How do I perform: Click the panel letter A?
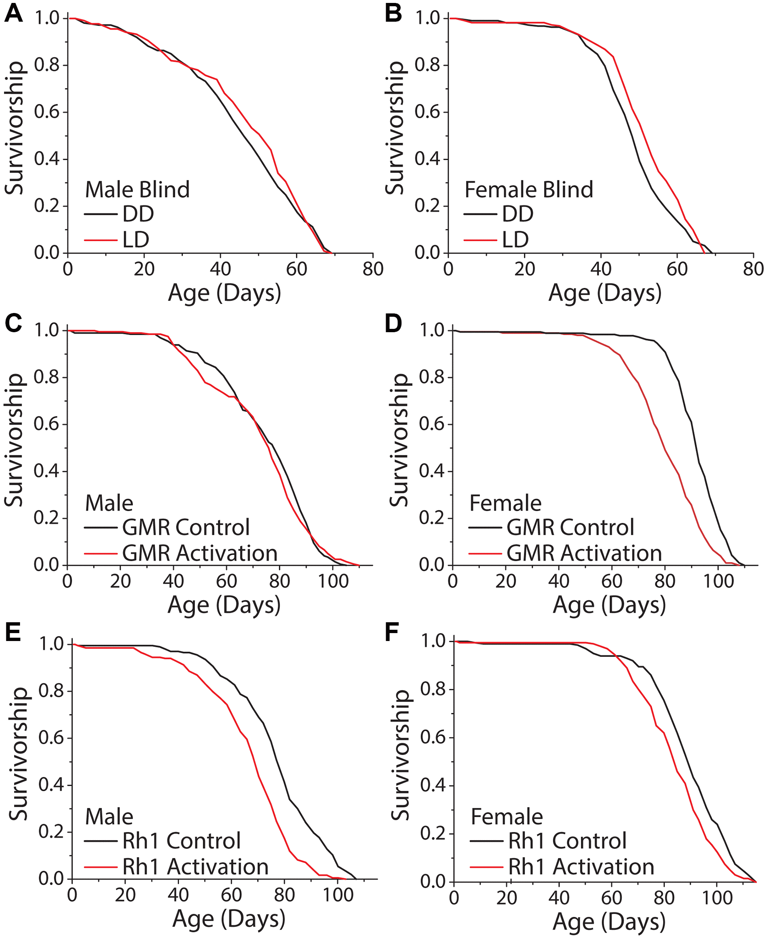point(13,14)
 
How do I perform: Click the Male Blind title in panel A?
point(137,189)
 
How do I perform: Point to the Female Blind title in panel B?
point(528,189)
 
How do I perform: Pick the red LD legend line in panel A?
point(101,240)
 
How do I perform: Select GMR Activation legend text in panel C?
point(200,553)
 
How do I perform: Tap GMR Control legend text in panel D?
point(570,527)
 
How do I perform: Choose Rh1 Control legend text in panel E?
point(181,841)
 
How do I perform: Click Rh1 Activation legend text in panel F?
point(581,866)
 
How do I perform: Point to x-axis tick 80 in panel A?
point(373,269)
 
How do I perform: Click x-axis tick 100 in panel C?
point(333,581)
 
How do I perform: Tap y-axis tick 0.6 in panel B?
point(428,112)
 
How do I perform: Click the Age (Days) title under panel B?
point(604,293)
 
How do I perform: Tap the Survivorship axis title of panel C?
point(14,440)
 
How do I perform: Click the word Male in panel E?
point(108,817)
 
